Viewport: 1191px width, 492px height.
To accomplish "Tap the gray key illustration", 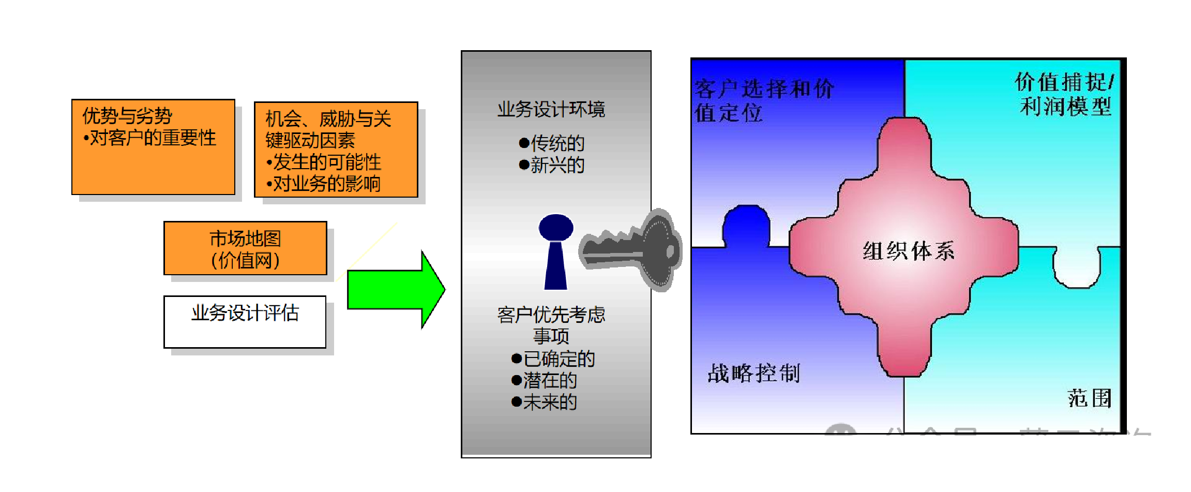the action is [x=636, y=248].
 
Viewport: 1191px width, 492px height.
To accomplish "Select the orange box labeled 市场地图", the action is [x=245, y=249].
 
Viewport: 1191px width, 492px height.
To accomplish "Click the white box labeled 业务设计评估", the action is [x=245, y=322].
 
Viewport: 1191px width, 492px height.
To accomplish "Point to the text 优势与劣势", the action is [x=127, y=116].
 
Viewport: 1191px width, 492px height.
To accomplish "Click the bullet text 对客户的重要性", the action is [x=153, y=138].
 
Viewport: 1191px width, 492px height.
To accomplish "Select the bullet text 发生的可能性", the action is [x=327, y=162].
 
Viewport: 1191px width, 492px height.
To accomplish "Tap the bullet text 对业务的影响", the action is [x=327, y=184].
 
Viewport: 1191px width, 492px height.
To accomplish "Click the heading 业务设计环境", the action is [x=551, y=109].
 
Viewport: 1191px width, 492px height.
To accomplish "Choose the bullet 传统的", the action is [x=557, y=143].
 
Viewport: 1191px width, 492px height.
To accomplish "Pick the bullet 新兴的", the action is [x=557, y=166].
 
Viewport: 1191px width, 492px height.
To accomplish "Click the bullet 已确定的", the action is [x=559, y=359].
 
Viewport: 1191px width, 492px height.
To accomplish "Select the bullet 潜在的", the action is [x=550, y=381].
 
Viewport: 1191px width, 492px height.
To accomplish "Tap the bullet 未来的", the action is [x=550, y=402].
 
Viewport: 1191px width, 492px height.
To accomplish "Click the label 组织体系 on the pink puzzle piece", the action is [x=909, y=251].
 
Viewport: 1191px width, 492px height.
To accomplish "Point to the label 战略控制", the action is [x=753, y=373].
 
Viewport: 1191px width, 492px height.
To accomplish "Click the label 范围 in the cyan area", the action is [x=1090, y=398].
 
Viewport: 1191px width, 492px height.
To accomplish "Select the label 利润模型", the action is [x=1065, y=107].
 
